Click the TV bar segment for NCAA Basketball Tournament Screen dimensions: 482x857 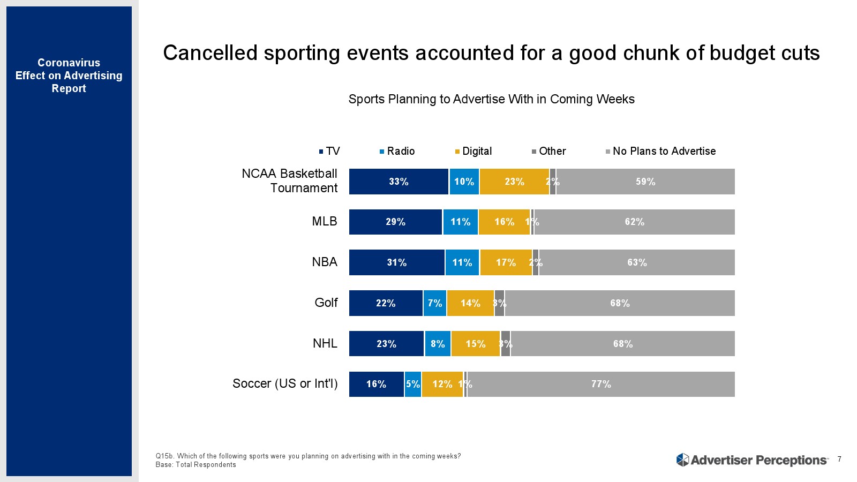[399, 182]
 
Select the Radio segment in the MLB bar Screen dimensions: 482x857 [460, 222]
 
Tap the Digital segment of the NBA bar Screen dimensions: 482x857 [506, 262]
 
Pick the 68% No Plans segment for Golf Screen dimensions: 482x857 [620, 303]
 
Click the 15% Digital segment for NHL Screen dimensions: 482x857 [475, 344]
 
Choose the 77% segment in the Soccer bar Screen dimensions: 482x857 [601, 384]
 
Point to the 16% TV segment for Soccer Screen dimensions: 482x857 [376, 384]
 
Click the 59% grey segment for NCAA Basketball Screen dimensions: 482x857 [645, 182]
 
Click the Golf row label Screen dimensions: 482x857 [326, 303]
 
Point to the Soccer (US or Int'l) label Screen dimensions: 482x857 [285, 383]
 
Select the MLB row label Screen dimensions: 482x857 [325, 221]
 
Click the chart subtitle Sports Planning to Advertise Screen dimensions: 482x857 [491, 99]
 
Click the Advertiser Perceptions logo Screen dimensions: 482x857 [751, 460]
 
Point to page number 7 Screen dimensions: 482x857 [839, 459]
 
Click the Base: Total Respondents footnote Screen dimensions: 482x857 [196, 465]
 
